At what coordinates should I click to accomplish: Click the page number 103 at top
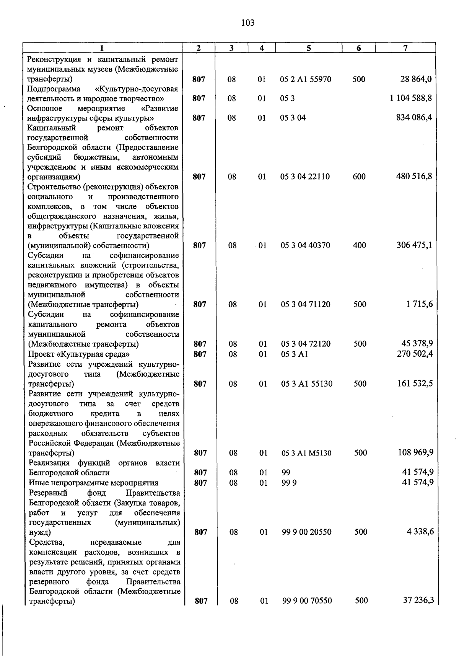tap(248, 23)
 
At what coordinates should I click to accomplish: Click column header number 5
tap(308, 48)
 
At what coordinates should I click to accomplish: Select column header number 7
tap(405, 48)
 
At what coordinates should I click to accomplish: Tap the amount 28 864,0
tap(416, 79)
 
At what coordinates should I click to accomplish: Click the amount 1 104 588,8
tap(411, 98)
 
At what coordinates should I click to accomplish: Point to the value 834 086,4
tap(414, 117)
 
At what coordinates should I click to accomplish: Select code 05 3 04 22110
tap(305, 176)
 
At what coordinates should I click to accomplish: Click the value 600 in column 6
tap(359, 176)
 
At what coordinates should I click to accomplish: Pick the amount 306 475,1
tap(414, 245)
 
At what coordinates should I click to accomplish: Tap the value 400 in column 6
tap(360, 245)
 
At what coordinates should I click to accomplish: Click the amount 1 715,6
tap(420, 304)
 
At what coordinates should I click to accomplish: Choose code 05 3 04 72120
tap(306, 344)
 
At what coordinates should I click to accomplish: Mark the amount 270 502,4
tap(415, 354)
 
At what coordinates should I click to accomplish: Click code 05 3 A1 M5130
tap(306, 453)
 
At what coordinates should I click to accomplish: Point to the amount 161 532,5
tap(415, 383)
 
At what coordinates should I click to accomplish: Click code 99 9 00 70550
tap(307, 601)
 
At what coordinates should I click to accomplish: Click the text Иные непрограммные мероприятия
tap(93, 483)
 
